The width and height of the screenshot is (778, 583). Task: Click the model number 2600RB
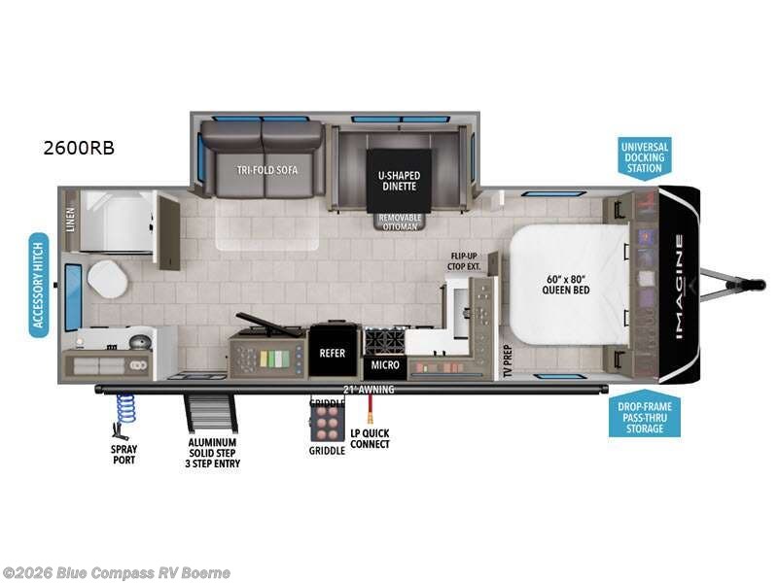79,148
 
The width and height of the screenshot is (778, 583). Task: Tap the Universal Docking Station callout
644,157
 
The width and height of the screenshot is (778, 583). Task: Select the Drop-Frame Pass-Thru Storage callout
644,416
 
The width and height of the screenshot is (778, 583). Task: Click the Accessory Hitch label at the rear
39,285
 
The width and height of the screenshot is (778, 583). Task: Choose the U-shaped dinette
399,177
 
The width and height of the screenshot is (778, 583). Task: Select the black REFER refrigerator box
334,354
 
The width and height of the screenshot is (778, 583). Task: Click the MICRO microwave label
384,365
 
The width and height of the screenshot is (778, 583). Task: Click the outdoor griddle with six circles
327,422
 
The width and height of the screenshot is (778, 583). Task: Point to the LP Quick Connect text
370,438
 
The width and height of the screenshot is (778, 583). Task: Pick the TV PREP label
506,360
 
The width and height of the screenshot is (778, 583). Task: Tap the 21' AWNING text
363,390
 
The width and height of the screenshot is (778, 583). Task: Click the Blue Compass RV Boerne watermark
117,573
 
